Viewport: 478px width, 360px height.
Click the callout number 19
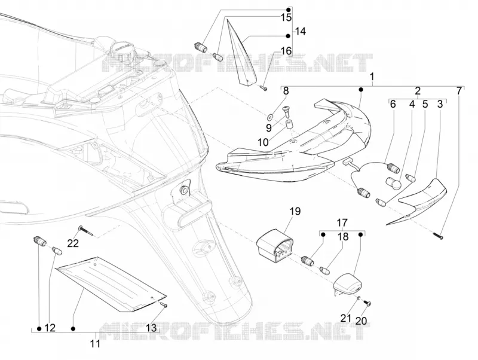coord(295,211)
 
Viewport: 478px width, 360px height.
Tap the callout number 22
coord(73,243)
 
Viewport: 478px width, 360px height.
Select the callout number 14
coord(301,31)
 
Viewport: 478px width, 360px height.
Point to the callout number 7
coord(459,91)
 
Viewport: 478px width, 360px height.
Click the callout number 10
coord(263,142)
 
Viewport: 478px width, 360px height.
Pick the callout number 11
coord(95,343)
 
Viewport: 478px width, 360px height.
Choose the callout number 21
coord(346,318)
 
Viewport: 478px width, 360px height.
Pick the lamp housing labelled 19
coord(275,247)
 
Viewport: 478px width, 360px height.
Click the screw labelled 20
coord(367,303)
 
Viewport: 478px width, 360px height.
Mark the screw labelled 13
coord(163,304)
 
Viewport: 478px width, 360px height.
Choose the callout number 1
coord(372,77)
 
